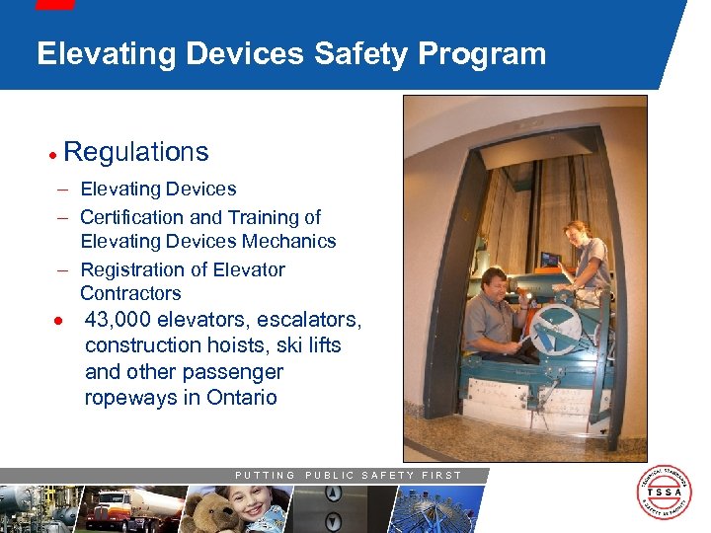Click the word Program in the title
[482, 53]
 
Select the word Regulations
[136, 152]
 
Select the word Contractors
[130, 293]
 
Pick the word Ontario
[242, 398]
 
